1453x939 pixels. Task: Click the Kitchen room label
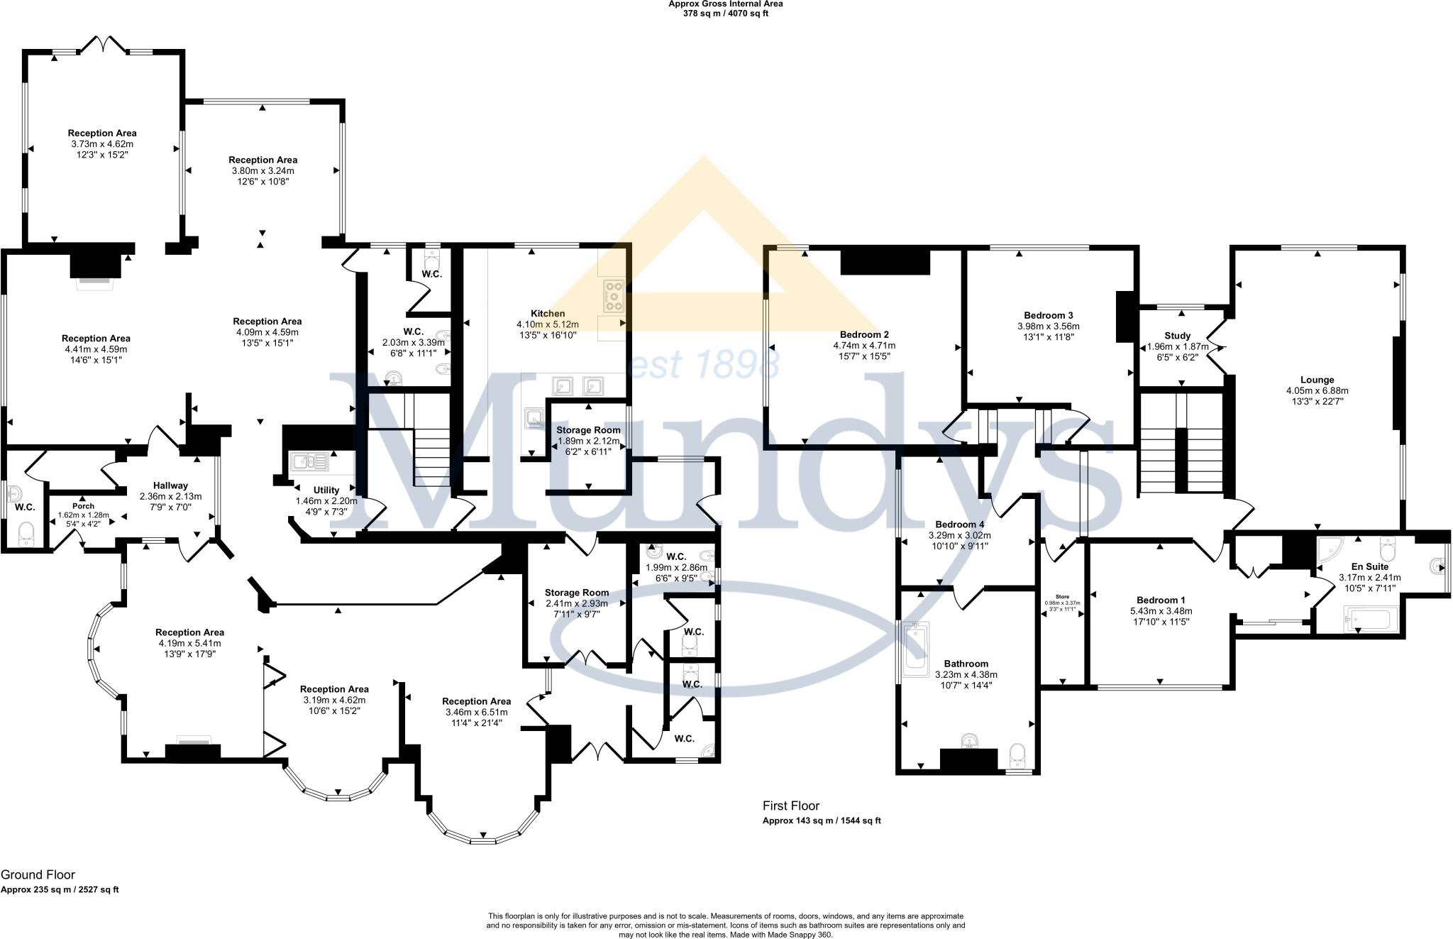pyautogui.click(x=548, y=313)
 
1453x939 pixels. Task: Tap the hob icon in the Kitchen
pyautogui.click(x=613, y=296)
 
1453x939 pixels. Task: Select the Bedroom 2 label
pyautogui.click(x=864, y=334)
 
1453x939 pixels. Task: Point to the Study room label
pyautogui.click(x=1177, y=336)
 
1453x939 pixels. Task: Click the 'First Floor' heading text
pyautogui.click(x=790, y=806)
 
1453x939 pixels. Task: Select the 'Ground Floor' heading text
pyautogui.click(x=38, y=874)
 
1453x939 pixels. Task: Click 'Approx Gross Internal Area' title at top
pyautogui.click(x=725, y=4)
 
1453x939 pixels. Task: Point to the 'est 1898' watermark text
pyautogui.click(x=703, y=365)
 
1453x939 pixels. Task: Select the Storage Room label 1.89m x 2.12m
pyautogui.click(x=588, y=441)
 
